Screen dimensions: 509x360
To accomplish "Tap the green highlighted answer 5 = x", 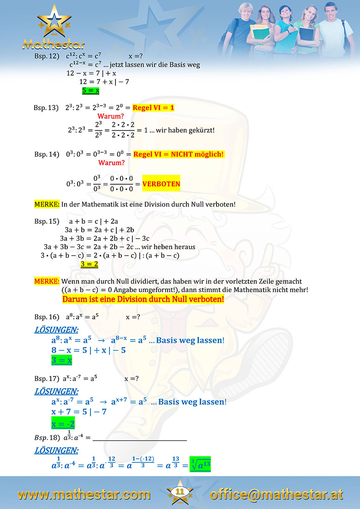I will (x=90, y=90).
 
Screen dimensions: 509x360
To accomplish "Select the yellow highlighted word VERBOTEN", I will (x=162, y=184).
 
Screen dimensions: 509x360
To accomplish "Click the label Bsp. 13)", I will (x=46, y=108).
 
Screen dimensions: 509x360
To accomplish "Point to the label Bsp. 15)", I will (x=47, y=221).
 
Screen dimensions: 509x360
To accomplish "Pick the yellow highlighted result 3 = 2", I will (x=89, y=264).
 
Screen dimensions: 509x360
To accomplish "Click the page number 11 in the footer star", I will (x=180, y=492).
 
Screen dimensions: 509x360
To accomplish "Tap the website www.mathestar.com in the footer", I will (x=84, y=495).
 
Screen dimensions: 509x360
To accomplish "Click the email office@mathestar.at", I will (x=276, y=495).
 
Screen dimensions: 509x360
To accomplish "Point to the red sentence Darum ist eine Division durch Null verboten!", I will (x=143, y=299).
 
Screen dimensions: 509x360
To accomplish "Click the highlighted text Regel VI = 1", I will (x=153, y=108).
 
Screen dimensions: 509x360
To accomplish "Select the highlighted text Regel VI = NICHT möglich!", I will (x=178, y=154).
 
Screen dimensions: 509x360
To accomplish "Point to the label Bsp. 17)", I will (x=47, y=379).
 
